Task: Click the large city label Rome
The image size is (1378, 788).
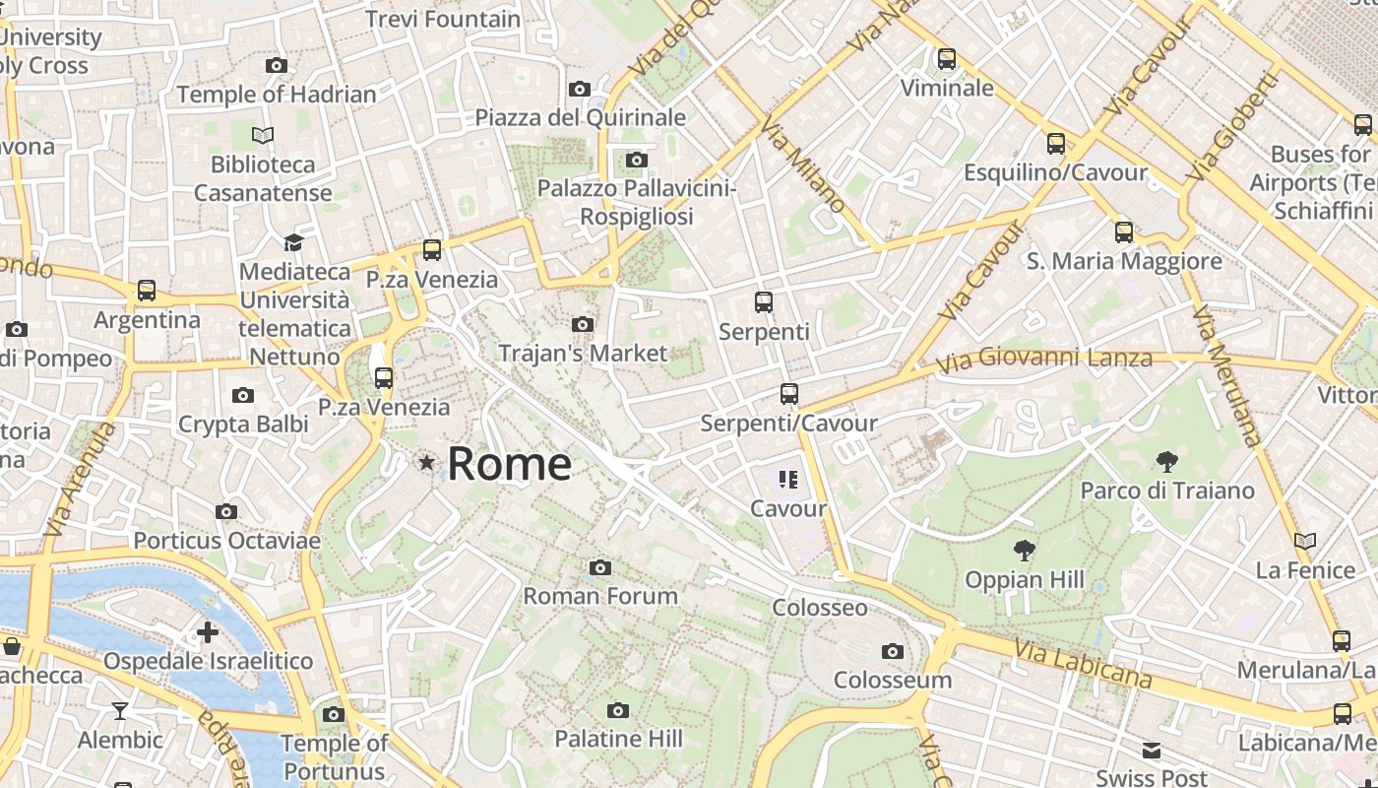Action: pyautogui.click(x=509, y=464)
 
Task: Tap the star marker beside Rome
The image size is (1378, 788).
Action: pyautogui.click(x=426, y=462)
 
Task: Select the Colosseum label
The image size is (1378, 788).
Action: pyautogui.click(x=892, y=680)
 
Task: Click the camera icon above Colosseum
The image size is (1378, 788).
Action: pyautogui.click(x=892, y=651)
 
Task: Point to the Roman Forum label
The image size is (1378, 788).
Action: pyautogui.click(x=599, y=596)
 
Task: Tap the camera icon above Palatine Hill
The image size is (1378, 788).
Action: pyautogui.click(x=617, y=710)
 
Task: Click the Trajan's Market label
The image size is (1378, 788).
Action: pyautogui.click(x=582, y=353)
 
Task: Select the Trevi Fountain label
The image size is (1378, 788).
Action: pyautogui.click(x=442, y=19)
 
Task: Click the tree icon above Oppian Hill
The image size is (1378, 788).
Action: pyautogui.click(x=1024, y=551)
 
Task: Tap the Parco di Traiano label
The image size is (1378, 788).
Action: pyautogui.click(x=1166, y=491)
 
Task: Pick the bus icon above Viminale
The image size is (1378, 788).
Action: pyautogui.click(x=946, y=59)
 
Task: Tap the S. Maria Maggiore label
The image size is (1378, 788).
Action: pyautogui.click(x=1123, y=261)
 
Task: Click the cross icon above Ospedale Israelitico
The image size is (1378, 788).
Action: pyautogui.click(x=208, y=631)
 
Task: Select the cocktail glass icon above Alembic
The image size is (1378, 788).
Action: pyautogui.click(x=119, y=711)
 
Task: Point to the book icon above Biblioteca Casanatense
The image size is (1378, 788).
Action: pyautogui.click(x=263, y=135)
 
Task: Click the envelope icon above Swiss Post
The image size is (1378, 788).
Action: pyautogui.click(x=1151, y=752)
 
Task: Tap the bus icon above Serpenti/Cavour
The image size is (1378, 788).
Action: pyautogui.click(x=788, y=394)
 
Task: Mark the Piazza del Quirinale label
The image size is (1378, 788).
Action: pyautogui.click(x=580, y=117)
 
